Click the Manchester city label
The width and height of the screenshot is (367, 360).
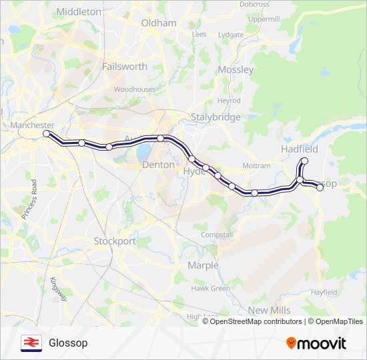(32, 125)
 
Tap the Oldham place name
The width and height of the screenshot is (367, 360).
(159, 23)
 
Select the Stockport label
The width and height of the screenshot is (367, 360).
(114, 241)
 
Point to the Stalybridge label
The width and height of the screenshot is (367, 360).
(215, 117)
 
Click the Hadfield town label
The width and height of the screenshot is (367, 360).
(300, 149)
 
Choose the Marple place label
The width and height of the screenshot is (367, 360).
(203, 265)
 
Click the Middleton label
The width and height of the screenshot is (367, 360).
(79, 12)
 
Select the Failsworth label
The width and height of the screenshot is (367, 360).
(124, 67)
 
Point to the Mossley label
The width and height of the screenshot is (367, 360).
(236, 70)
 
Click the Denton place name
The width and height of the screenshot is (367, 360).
(158, 165)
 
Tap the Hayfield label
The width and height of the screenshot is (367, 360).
(324, 292)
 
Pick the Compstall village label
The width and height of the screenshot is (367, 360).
(217, 235)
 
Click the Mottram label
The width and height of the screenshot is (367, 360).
(257, 165)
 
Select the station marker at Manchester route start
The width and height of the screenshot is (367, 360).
(47, 134)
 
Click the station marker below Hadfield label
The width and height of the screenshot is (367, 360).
(305, 161)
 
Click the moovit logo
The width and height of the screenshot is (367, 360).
(316, 343)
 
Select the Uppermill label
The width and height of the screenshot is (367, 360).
(264, 19)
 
